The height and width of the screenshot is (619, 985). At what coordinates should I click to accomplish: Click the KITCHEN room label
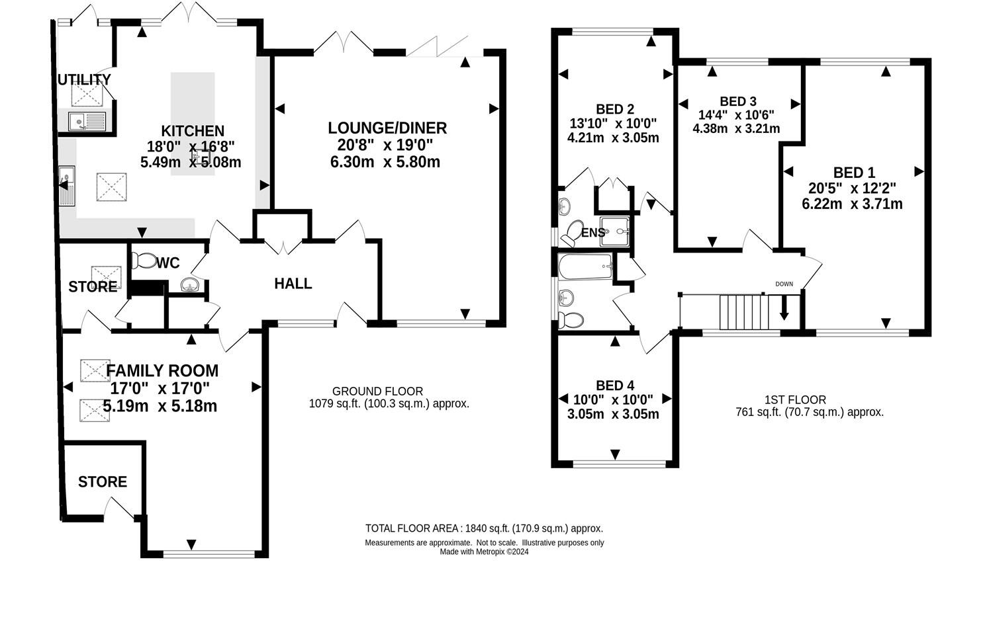point(193,131)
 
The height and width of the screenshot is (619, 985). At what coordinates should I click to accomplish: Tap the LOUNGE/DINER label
point(387,128)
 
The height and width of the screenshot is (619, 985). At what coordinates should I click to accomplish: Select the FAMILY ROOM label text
point(162,371)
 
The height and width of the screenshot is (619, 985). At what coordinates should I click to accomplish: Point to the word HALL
point(293,284)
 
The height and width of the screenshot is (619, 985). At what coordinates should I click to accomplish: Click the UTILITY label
point(85,80)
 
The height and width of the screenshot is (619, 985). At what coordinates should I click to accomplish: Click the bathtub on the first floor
point(585,267)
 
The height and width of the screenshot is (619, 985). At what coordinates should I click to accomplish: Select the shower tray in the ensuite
point(615,231)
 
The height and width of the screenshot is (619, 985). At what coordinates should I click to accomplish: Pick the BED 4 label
point(615,386)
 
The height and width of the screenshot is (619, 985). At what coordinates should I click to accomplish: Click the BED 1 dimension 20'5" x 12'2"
point(852,188)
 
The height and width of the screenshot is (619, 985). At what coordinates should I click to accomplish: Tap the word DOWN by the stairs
point(784,284)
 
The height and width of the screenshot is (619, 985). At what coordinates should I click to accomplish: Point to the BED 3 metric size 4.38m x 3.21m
point(737,129)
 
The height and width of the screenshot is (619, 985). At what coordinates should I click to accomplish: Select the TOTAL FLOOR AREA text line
point(484,528)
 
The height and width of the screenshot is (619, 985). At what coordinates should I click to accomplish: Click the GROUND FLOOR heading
point(378,391)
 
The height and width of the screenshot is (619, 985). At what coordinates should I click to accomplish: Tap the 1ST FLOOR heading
point(796,400)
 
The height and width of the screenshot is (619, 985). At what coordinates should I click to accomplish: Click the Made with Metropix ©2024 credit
point(484,552)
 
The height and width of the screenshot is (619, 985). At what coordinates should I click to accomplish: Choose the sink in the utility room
point(87,122)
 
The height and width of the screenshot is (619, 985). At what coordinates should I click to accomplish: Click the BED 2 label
point(615,109)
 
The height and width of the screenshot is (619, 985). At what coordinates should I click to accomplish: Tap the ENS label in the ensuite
point(593,233)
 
